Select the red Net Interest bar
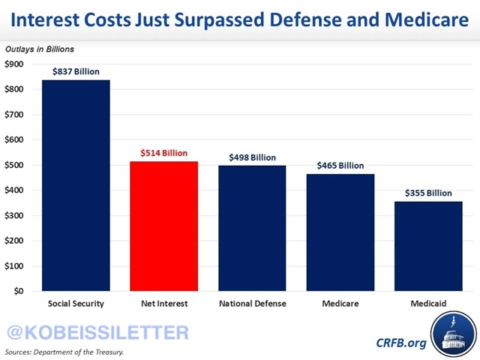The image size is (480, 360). click(164, 226)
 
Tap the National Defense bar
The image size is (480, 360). click(253, 228)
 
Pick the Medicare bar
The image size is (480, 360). click(341, 232)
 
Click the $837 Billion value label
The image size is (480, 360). click(76, 72)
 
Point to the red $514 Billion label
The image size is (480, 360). click(164, 153)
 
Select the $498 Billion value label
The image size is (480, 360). click(253, 157)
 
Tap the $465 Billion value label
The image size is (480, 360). click(341, 166)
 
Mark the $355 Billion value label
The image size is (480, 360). click(430, 193)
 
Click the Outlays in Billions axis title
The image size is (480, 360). click(40, 49)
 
